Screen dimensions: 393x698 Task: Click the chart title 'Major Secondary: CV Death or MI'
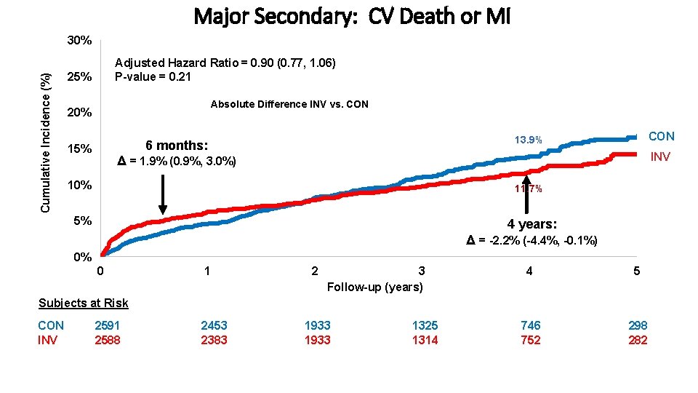[352, 17]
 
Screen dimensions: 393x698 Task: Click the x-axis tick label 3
[422, 271]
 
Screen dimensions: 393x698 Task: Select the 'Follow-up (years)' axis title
[374, 287]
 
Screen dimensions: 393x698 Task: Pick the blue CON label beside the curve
[661, 136]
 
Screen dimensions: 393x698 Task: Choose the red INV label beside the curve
[660, 156]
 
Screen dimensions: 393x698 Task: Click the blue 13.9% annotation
[529, 140]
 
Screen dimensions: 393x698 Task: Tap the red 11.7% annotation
[529, 189]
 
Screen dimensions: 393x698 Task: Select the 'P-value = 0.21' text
[153, 77]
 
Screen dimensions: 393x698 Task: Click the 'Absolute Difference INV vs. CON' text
[289, 104]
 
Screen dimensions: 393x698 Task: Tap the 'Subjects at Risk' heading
[84, 303]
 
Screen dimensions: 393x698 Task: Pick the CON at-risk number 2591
[107, 325]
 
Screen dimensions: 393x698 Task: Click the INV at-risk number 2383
[214, 340]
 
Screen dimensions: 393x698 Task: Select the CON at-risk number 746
[531, 325]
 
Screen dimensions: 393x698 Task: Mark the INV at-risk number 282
[638, 340]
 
